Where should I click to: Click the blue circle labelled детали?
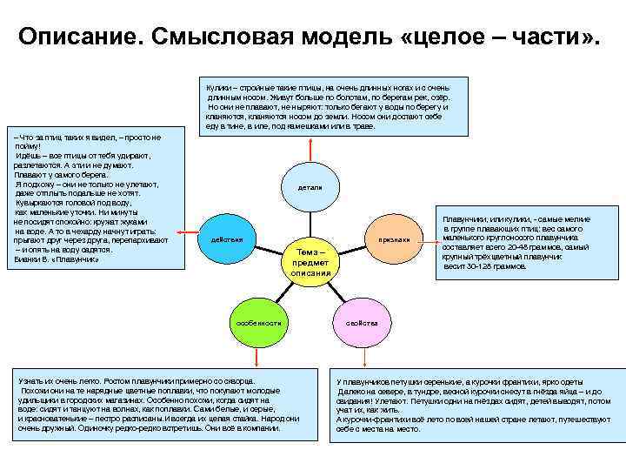coord(310,187)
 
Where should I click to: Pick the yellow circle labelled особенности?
coord(260,322)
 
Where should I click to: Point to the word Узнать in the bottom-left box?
coord(33,381)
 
